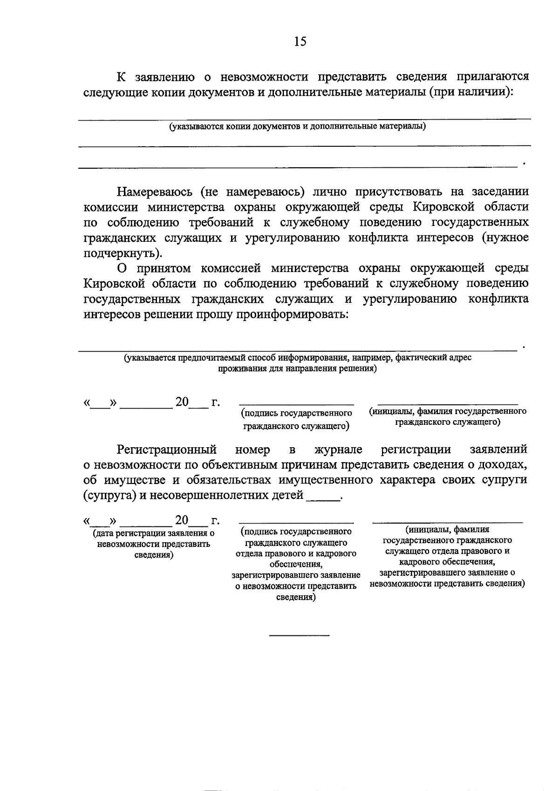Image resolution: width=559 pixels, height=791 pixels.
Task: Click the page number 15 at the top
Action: [300, 41]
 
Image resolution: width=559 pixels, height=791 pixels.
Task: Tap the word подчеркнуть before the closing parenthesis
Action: [121, 253]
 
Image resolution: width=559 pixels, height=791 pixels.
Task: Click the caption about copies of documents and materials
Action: [297, 126]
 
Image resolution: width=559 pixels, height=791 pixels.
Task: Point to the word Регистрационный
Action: [166, 450]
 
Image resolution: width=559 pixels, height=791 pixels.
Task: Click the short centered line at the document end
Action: [299, 635]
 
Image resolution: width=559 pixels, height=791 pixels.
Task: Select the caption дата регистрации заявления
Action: [154, 544]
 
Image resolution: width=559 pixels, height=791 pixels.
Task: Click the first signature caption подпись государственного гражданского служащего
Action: [296, 419]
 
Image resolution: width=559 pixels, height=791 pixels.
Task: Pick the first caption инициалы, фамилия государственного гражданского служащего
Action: [448, 416]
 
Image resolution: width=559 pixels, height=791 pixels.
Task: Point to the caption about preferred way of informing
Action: [297, 363]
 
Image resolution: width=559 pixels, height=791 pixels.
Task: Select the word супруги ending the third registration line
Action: [505, 480]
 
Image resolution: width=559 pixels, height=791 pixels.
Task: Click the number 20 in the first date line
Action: [182, 402]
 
